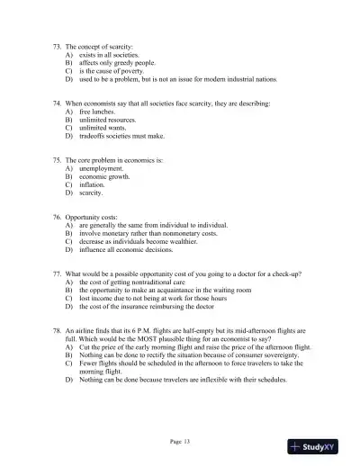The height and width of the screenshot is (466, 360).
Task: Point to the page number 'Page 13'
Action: tap(180, 442)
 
